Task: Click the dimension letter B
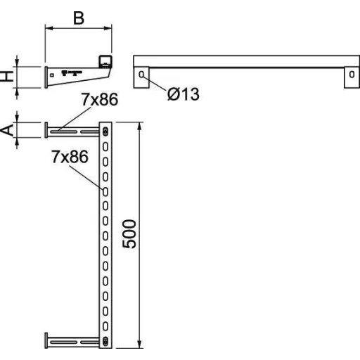click(x=79, y=18)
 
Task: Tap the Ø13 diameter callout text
click(x=184, y=94)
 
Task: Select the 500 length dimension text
click(x=129, y=234)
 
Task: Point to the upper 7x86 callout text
click(x=100, y=99)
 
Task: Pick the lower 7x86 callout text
click(x=70, y=157)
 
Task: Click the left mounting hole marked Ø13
click(x=141, y=75)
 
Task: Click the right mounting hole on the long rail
click(x=352, y=75)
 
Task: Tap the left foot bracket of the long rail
click(x=141, y=77)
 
